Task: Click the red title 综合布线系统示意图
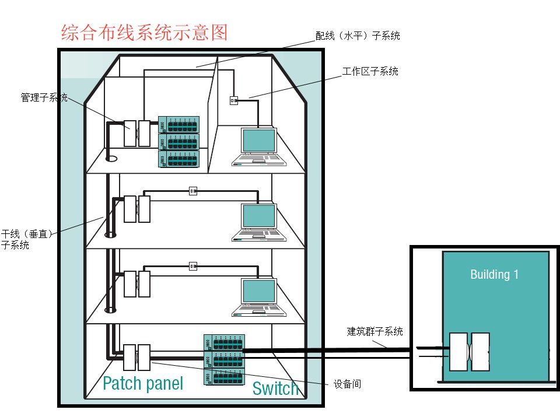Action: click(x=144, y=33)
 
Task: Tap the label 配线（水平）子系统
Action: click(x=358, y=36)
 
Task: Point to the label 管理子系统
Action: click(x=44, y=97)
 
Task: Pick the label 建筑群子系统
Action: click(x=374, y=332)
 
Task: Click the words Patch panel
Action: click(x=143, y=383)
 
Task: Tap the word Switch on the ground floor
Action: click(x=275, y=388)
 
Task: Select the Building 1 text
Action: click(x=494, y=274)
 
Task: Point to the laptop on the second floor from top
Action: click(x=258, y=222)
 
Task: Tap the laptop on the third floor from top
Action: click(x=258, y=297)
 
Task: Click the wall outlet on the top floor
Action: click(x=234, y=100)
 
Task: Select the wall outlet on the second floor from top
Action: click(x=194, y=190)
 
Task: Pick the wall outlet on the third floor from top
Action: click(x=194, y=266)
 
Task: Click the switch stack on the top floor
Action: click(x=178, y=142)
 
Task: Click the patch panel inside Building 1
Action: click(x=470, y=352)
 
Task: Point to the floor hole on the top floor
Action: click(x=111, y=158)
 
